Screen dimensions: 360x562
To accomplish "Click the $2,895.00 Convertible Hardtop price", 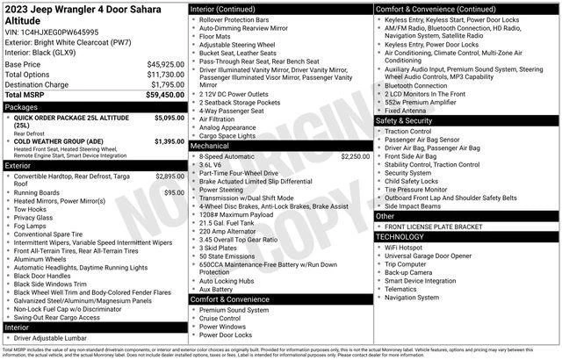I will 169,176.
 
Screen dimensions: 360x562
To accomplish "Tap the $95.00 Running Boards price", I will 174,192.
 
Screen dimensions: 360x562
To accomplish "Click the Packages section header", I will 22,106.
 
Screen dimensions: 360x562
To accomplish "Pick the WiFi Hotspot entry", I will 404,248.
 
